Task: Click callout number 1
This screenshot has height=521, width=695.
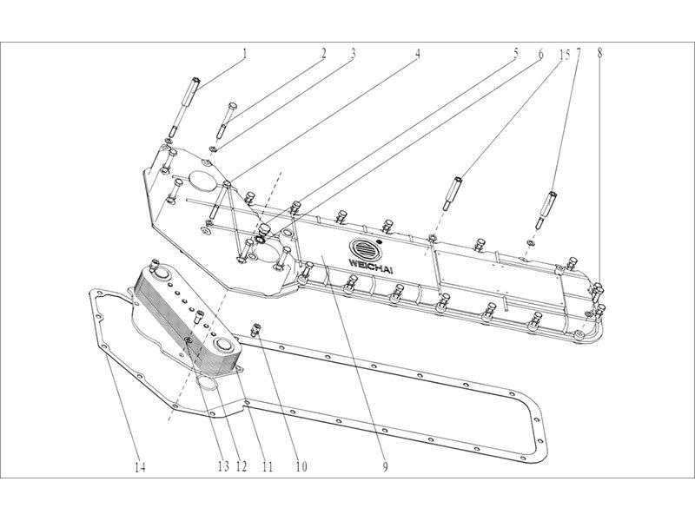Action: (245, 53)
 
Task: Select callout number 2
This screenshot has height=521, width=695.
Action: (322, 53)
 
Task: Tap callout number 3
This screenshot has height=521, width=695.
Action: (354, 53)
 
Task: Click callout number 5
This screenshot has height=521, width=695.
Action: (515, 53)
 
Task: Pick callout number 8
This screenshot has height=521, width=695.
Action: (599, 53)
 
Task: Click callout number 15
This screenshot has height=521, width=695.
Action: (565, 53)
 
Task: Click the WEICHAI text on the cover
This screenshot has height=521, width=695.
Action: (371, 261)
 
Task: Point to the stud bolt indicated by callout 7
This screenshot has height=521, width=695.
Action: (549, 206)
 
